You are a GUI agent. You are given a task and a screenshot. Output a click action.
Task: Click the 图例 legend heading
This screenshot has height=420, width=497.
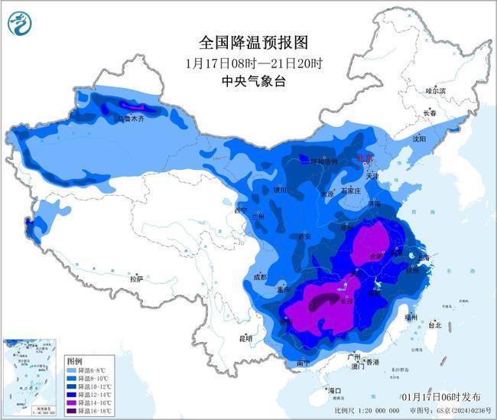[74, 360]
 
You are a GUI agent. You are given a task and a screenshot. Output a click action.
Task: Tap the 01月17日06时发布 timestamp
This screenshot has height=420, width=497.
[441, 396]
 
